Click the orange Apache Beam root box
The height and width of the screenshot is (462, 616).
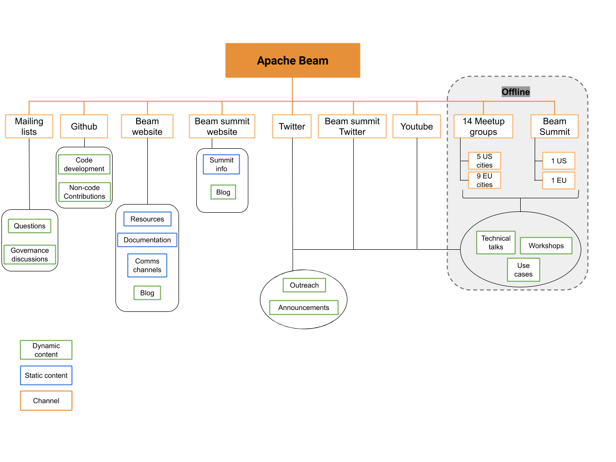(x=293, y=61)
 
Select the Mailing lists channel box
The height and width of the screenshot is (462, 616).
(x=29, y=127)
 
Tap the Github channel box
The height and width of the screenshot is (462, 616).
(x=84, y=127)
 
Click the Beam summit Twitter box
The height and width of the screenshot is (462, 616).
(x=352, y=127)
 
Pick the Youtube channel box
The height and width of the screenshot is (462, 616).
(x=416, y=127)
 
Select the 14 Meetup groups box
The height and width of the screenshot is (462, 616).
(x=483, y=127)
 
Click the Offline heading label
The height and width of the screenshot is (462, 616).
(x=515, y=92)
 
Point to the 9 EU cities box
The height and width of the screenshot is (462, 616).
(x=484, y=180)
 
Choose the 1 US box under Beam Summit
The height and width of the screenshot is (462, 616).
(x=558, y=161)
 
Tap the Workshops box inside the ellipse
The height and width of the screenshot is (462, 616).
(x=546, y=246)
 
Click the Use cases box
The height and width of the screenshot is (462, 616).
(x=523, y=269)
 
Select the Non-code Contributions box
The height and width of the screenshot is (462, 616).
(x=84, y=192)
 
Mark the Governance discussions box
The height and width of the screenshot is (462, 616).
(x=30, y=255)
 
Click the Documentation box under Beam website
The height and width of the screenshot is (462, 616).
(x=147, y=240)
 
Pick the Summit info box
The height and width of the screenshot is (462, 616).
(x=221, y=164)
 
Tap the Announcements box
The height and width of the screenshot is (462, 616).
(x=304, y=308)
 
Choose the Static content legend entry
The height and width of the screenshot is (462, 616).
(x=46, y=375)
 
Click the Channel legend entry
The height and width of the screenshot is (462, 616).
(x=46, y=400)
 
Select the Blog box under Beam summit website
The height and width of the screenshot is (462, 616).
(x=223, y=192)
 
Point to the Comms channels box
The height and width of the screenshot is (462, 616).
(x=147, y=265)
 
